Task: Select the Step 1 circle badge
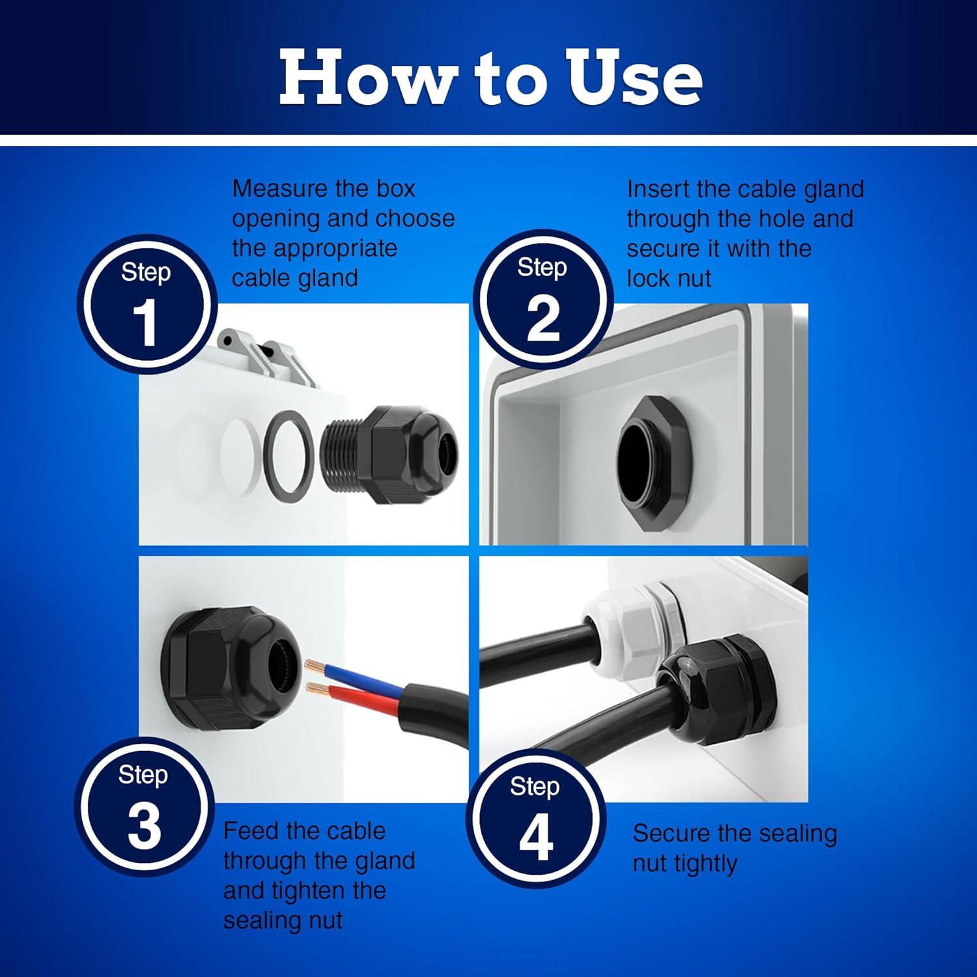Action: (x=146, y=304)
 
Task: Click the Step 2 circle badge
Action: (x=543, y=300)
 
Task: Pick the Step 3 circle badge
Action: (x=144, y=807)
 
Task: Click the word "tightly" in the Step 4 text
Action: (x=705, y=864)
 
